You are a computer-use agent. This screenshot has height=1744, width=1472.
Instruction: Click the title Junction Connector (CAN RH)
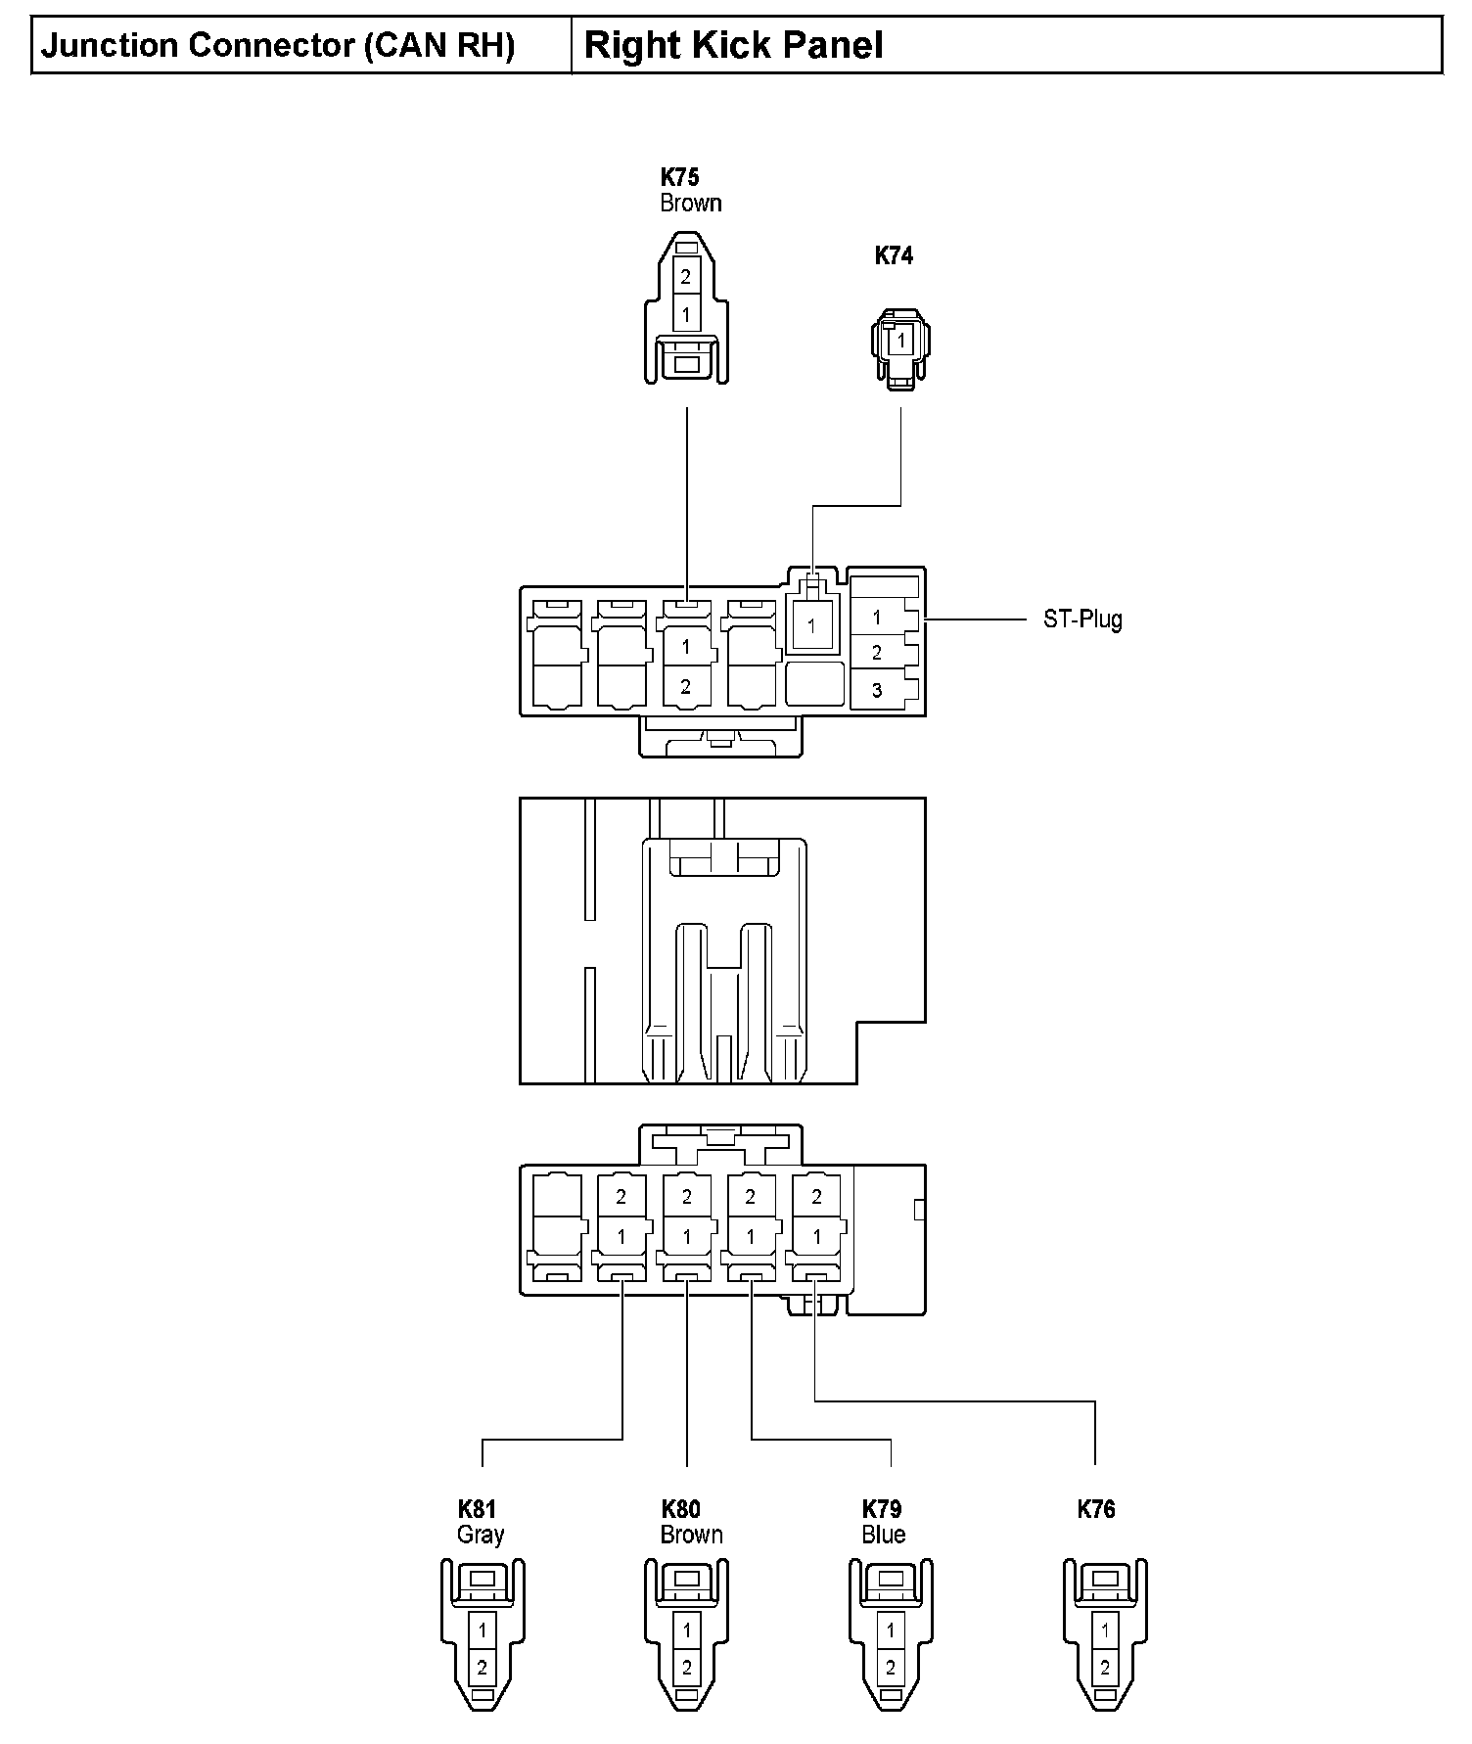(278, 46)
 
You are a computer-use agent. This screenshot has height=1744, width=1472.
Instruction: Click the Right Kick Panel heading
(733, 46)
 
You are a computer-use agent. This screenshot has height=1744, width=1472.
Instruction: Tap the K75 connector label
(679, 177)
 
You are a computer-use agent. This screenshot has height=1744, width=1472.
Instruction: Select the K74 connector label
(894, 255)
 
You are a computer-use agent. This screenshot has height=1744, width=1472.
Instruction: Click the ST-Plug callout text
(1082, 620)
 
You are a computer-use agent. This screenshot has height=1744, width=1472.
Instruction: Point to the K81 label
(477, 1509)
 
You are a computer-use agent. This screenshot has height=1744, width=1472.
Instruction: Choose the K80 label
(681, 1509)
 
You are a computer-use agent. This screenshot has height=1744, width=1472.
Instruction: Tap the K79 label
(882, 1509)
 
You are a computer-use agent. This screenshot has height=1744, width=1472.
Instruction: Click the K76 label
(1096, 1509)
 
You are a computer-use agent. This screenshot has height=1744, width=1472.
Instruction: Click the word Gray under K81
(481, 1535)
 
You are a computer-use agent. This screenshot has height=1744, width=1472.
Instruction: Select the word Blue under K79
(884, 1535)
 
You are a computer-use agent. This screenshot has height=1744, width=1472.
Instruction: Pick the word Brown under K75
(691, 204)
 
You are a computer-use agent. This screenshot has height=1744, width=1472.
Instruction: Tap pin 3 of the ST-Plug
(877, 690)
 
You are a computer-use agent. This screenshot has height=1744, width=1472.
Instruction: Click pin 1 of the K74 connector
(901, 341)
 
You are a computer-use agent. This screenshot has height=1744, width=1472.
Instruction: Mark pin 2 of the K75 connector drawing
(686, 277)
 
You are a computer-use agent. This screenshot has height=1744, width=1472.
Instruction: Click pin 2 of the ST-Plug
(877, 653)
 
